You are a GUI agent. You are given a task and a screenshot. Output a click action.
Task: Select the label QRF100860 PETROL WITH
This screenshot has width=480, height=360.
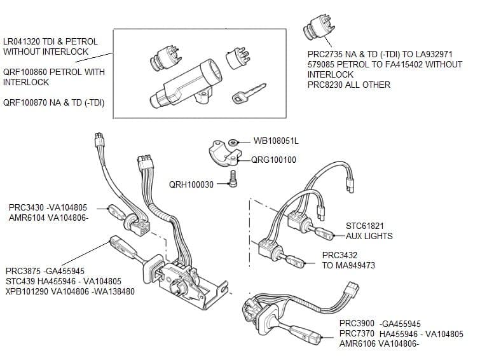pos(54,72)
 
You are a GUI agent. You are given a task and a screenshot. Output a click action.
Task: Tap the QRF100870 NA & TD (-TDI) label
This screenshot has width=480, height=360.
pos(54,102)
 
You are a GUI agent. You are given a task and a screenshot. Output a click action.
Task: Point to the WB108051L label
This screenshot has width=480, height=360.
pos(276,141)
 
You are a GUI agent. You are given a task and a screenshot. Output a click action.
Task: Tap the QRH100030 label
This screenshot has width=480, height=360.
pos(191,184)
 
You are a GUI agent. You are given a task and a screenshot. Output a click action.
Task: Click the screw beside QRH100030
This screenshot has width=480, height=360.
pos(233,183)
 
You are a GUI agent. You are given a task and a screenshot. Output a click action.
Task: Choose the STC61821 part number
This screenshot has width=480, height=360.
pos(365,226)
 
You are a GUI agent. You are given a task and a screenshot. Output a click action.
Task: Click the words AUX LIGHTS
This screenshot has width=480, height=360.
pos(369,236)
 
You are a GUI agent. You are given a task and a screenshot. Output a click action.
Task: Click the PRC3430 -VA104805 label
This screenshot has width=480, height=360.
pos(48,207)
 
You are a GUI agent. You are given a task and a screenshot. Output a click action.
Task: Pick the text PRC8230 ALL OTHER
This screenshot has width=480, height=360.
pos(348,85)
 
